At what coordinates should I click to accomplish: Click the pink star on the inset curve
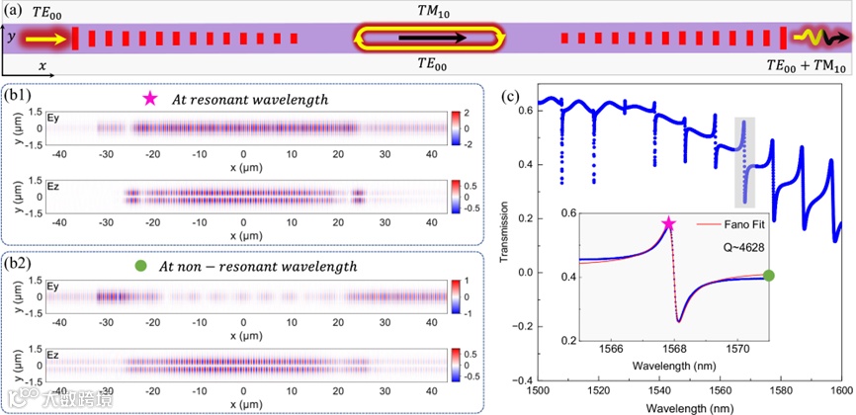[669, 224]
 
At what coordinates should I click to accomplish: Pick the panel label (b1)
[19, 97]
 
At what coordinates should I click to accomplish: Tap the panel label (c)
[512, 97]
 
